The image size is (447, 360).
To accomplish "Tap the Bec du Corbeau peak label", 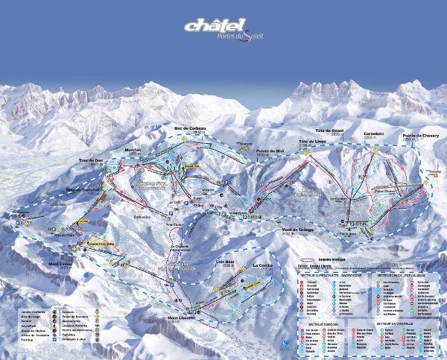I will click(191, 129).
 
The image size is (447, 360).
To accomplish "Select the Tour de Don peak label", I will click(90, 160).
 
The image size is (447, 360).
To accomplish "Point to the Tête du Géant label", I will click(329, 130).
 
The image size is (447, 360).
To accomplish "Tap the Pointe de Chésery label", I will click(416, 136).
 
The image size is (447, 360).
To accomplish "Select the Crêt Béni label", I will click(226, 262).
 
